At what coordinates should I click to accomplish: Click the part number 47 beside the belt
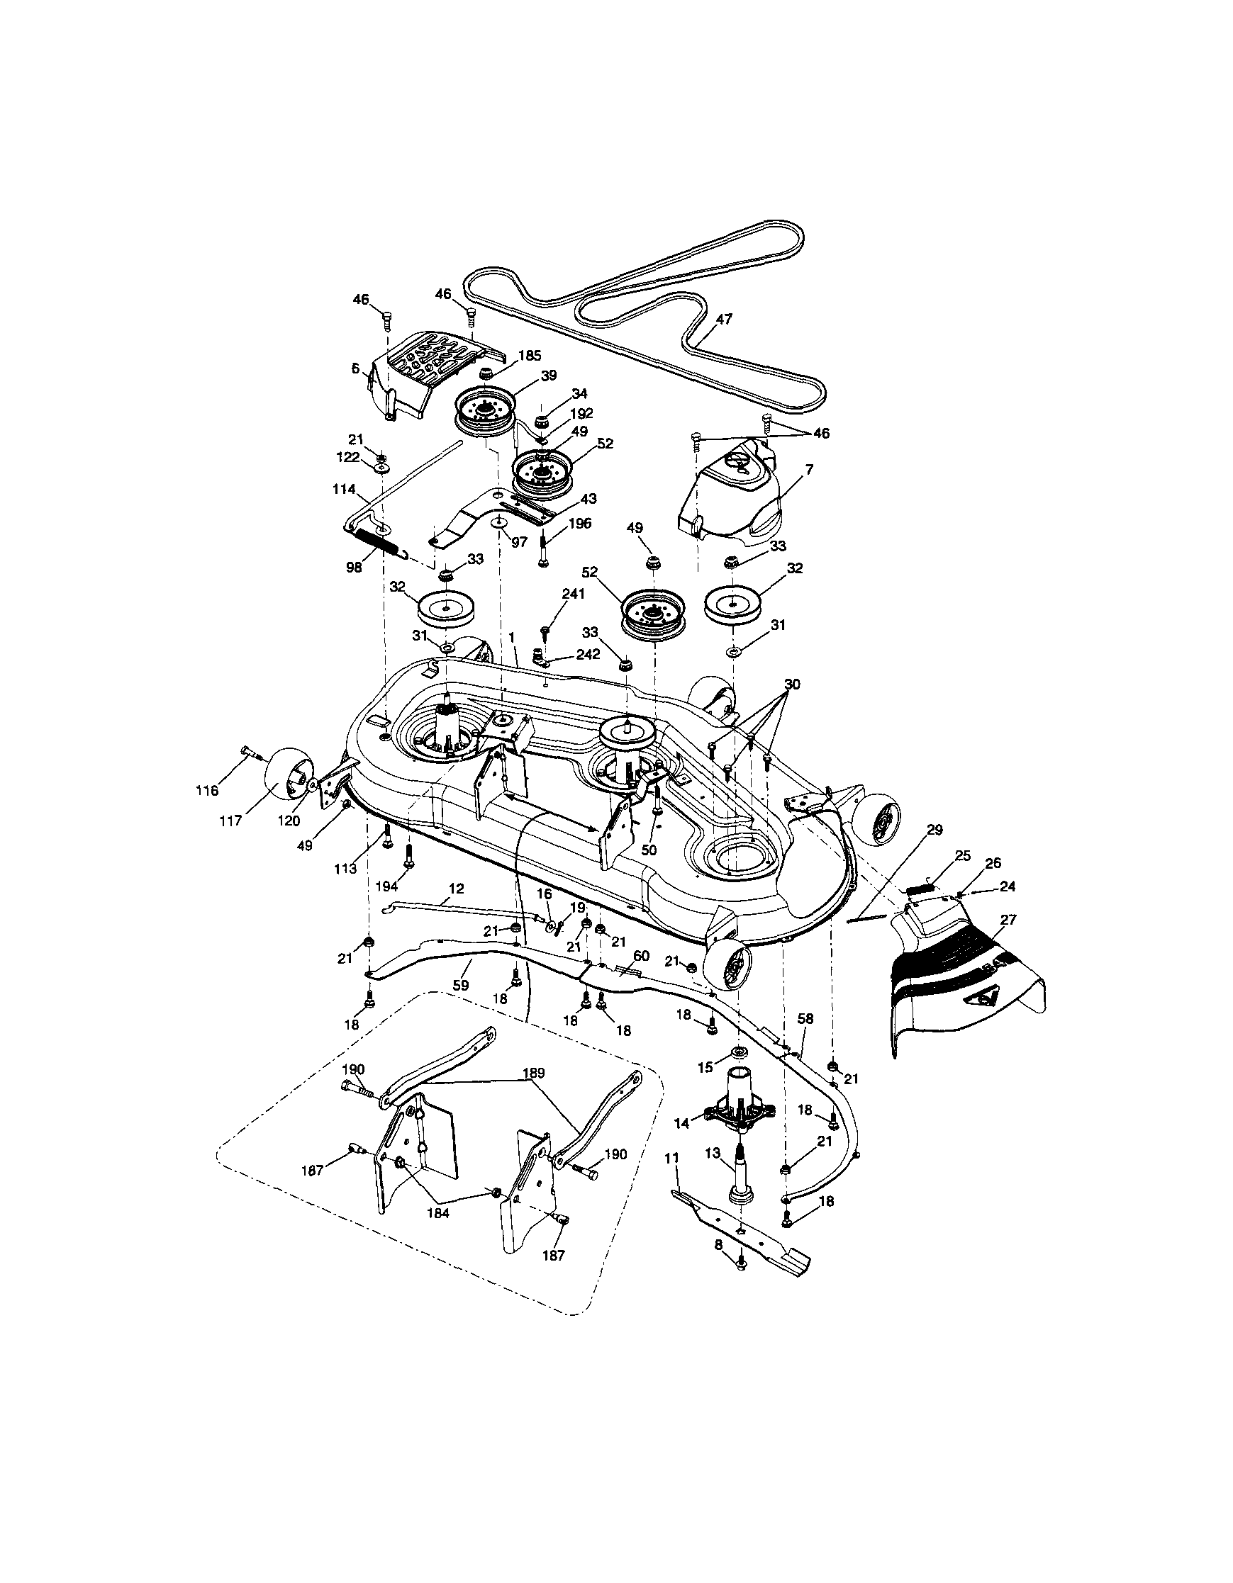(x=724, y=318)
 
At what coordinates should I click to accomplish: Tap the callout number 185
(x=530, y=355)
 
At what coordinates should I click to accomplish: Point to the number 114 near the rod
(x=344, y=489)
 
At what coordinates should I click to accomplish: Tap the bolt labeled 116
(x=251, y=753)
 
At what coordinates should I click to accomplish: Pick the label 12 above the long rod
(x=456, y=889)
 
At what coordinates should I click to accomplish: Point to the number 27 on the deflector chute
(x=1008, y=920)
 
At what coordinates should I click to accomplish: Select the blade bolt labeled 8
(x=740, y=1263)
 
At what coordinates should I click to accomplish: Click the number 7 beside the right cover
(x=810, y=470)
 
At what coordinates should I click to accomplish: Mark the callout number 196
(x=580, y=524)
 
